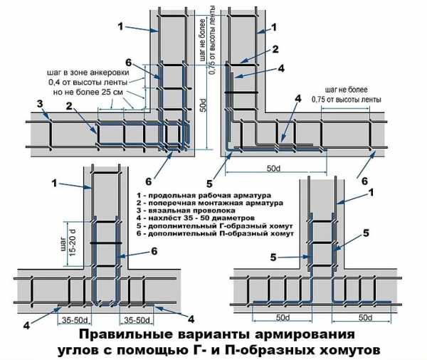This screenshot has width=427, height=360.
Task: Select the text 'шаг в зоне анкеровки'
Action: click(x=88, y=72)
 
